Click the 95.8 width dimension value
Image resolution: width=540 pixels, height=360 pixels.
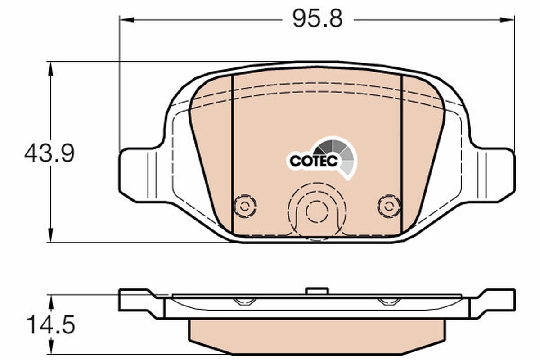click(x=317, y=19)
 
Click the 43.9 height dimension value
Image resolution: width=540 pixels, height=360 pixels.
click(x=49, y=153)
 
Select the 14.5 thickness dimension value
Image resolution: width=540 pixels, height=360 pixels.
click(x=50, y=325)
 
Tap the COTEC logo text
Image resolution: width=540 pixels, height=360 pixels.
click(x=314, y=161)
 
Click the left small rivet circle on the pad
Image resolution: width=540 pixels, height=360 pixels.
click(x=245, y=207)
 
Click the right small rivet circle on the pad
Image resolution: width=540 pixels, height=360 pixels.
click(x=389, y=207)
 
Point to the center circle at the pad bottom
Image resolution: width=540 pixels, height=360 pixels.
click(x=317, y=211)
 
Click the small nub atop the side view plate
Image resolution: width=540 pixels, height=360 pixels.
click(x=317, y=291)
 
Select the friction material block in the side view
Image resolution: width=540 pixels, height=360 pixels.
click(x=317, y=336)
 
